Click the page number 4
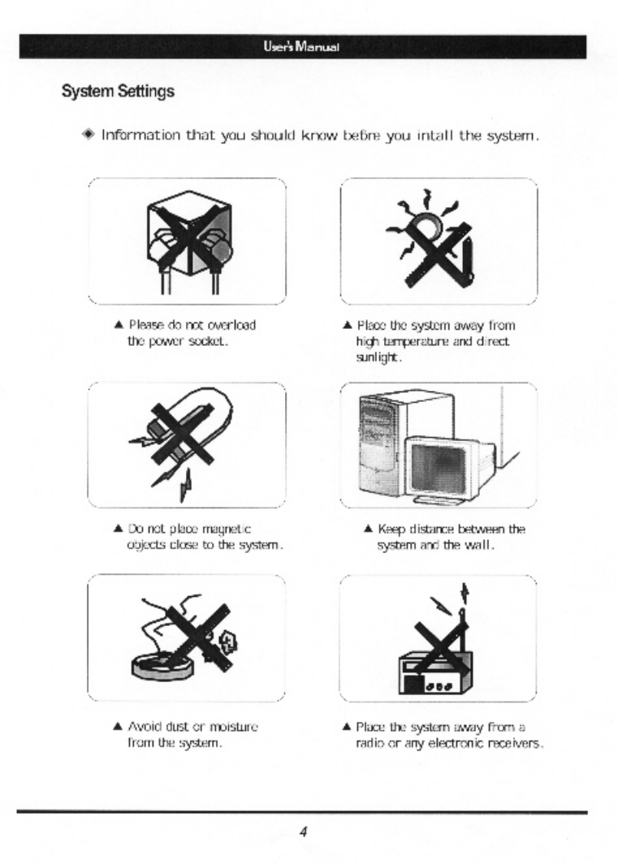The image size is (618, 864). coord(302,832)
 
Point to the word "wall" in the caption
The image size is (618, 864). coord(482,544)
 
